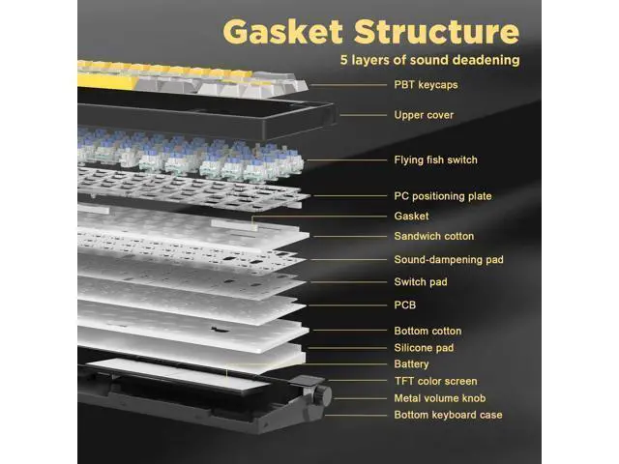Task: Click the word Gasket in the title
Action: pos(282,31)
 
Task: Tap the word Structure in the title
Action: pos(436,31)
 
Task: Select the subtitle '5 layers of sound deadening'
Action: pos(429,60)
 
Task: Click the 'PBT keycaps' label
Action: pos(426,85)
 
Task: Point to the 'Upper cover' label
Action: pos(424,115)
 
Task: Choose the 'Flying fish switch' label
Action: pos(435,159)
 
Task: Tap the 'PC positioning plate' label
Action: pos(443,196)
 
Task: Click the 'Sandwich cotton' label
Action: pos(434,236)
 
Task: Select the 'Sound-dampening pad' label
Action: pos(449,260)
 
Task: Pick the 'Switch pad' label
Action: pos(421,281)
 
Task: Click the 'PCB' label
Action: pos(404,305)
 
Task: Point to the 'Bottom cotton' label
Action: pos(427,331)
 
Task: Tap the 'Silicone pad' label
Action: pos(424,348)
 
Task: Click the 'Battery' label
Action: pos(411,363)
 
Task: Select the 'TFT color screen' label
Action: pos(435,381)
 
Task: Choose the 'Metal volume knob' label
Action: pos(440,398)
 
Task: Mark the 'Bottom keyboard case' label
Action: pos(448,415)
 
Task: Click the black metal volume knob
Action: pos(323,393)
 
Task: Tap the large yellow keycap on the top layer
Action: pos(106,81)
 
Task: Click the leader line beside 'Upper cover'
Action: pos(364,115)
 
